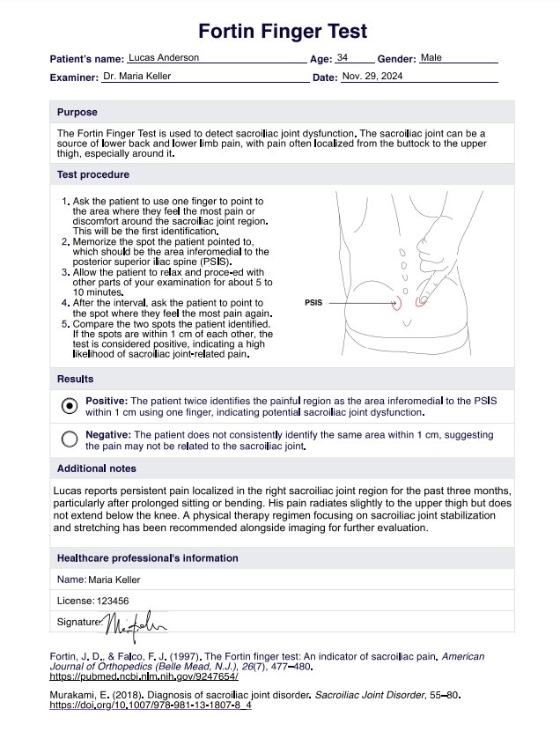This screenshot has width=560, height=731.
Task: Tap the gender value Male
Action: pyautogui.click(x=431, y=57)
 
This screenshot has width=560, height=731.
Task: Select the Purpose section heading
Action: pyautogui.click(x=77, y=113)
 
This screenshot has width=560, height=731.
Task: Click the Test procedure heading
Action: pyautogui.click(x=93, y=174)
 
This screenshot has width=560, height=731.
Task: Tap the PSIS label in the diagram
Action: pyautogui.click(x=313, y=303)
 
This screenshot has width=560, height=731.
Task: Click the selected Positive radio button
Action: pyautogui.click(x=70, y=406)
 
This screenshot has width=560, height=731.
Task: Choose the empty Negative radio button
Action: pyautogui.click(x=70, y=439)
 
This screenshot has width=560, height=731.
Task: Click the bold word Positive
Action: pyautogui.click(x=107, y=401)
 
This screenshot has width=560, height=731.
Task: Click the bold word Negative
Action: pyautogui.click(x=108, y=435)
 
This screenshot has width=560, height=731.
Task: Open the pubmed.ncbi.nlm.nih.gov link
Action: pyautogui.click(x=143, y=677)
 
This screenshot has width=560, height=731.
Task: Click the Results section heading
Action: pyautogui.click(x=76, y=380)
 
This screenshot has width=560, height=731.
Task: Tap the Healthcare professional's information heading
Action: pyautogui.click(x=147, y=558)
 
